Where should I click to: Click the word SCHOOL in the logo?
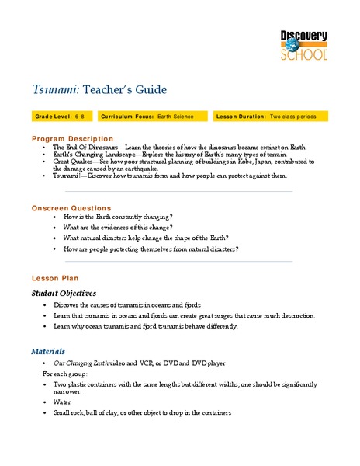[304, 54]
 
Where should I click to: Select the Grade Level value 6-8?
[80, 116]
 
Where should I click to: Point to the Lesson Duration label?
[247, 116]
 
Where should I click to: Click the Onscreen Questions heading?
[71, 208]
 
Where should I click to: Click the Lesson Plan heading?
[54, 278]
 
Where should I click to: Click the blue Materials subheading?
[48, 351]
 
